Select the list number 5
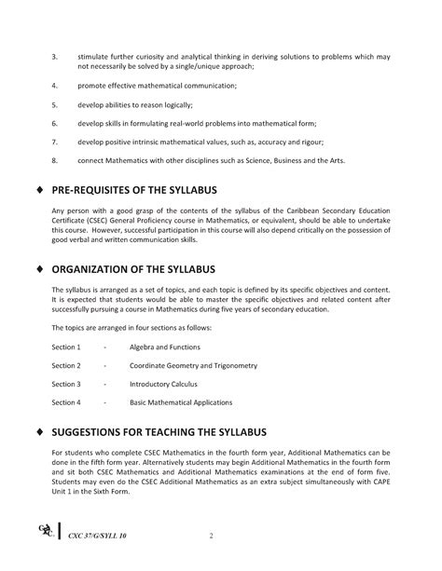pyautogui.click(x=54, y=104)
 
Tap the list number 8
pyautogui.click(x=54, y=160)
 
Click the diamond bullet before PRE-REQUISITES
pyautogui.click(x=37, y=191)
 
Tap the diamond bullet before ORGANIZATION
pyautogui.click(x=37, y=270)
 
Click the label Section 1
pyautogui.click(x=66, y=347)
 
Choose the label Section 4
pyautogui.click(x=66, y=402)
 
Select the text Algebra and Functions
pyautogui.click(x=165, y=347)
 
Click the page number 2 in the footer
pyautogui.click(x=212, y=536)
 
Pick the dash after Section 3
pyautogui.click(x=105, y=384)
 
